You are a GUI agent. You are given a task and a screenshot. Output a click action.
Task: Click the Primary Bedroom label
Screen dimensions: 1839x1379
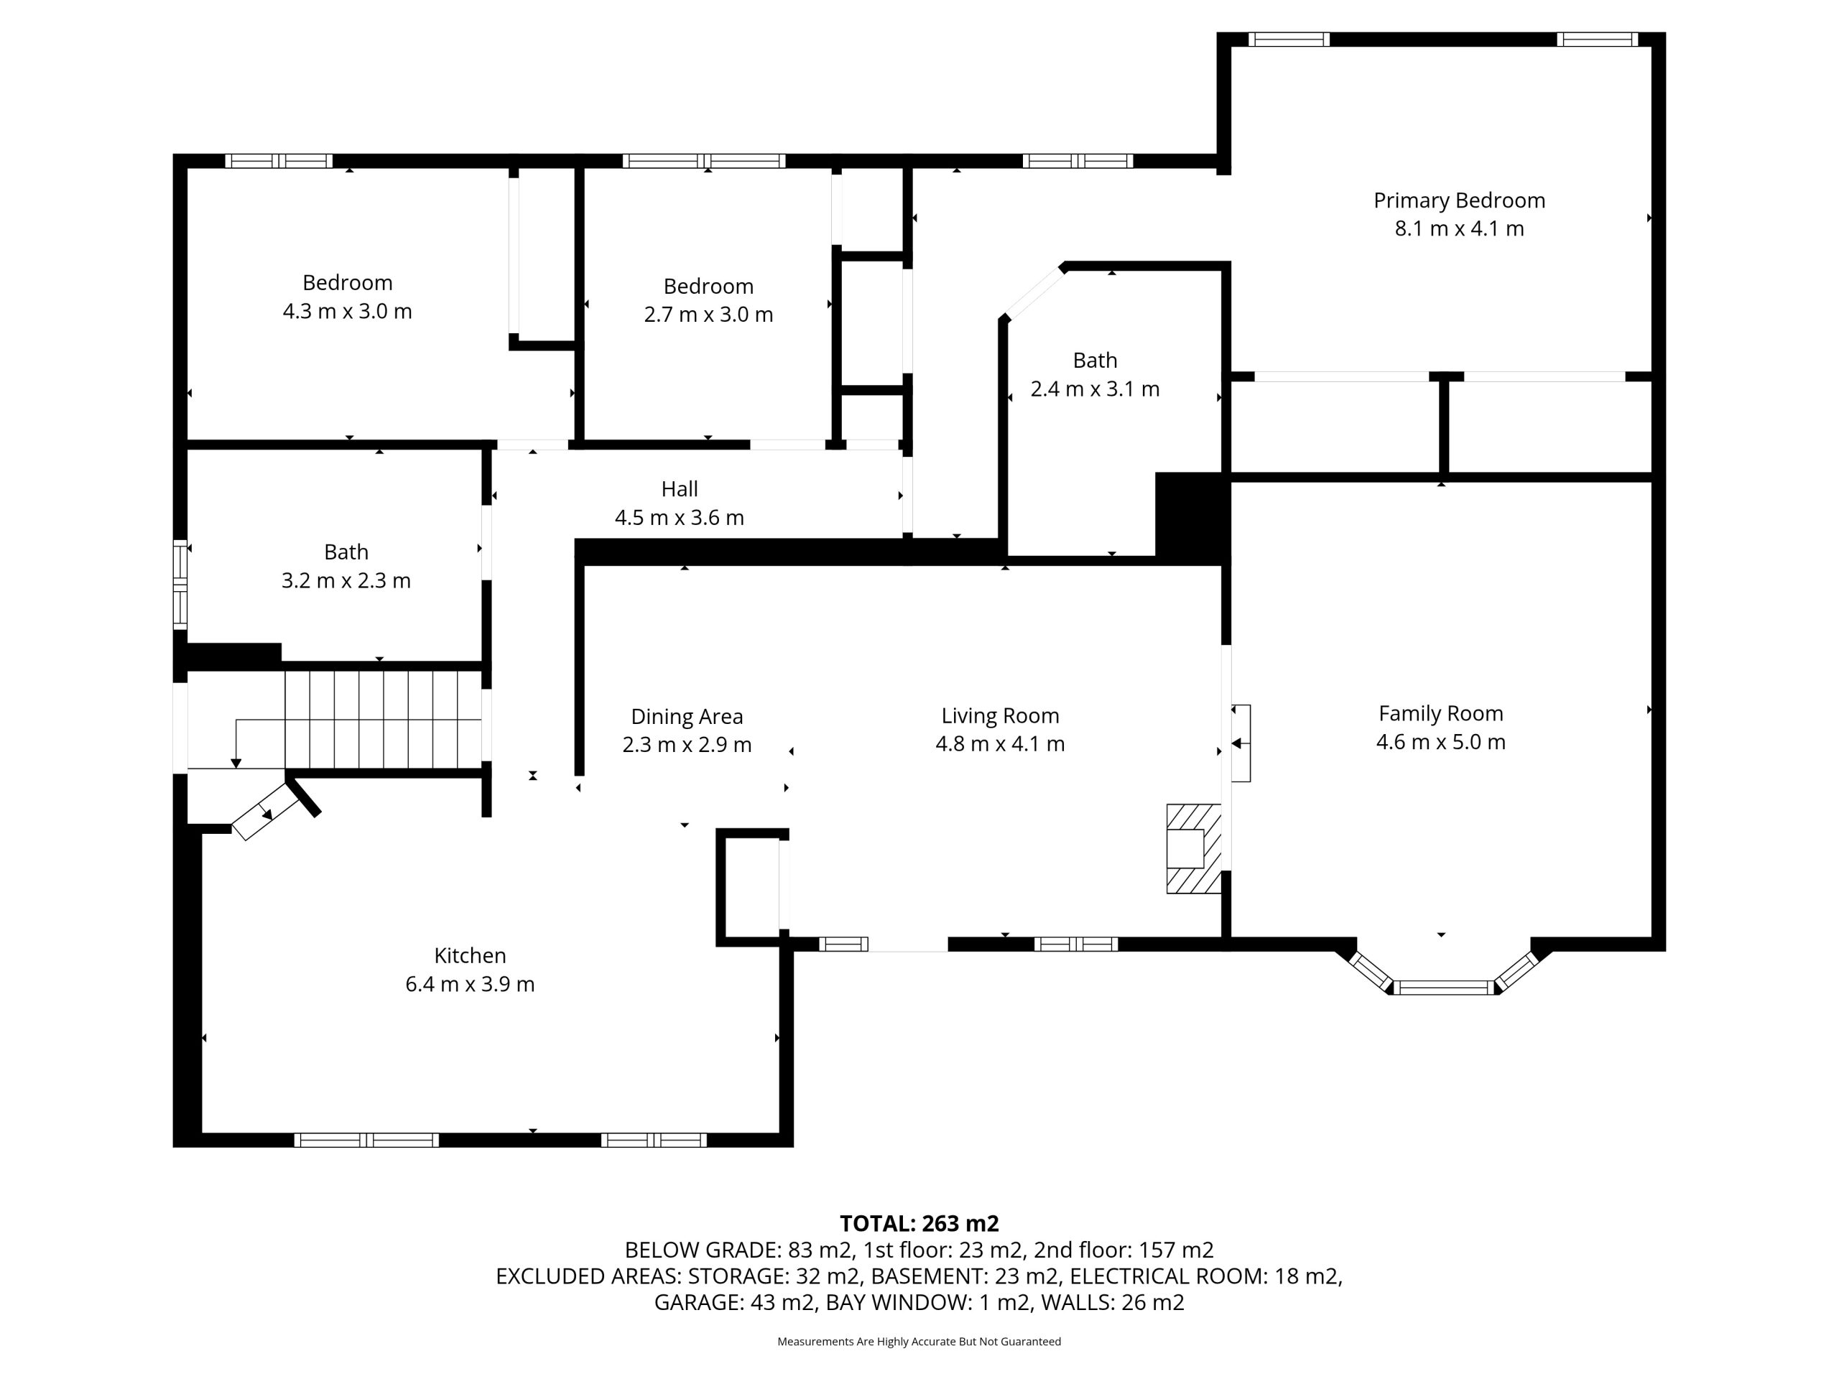(1459, 200)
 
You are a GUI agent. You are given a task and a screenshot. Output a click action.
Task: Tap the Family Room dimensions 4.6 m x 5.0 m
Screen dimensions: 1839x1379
(1441, 741)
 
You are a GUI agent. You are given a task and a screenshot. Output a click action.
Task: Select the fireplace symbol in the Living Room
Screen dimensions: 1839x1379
(1193, 849)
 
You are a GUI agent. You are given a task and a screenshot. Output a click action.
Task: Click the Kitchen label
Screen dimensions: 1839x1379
(470, 956)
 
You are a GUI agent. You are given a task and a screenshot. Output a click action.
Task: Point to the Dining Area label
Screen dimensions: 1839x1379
(687, 717)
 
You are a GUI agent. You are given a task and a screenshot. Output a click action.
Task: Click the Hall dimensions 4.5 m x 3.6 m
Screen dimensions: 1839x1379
(680, 518)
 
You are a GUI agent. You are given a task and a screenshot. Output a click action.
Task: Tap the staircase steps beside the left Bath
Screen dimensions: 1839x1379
(384, 720)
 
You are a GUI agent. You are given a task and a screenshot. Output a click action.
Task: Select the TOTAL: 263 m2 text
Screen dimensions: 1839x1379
(919, 1224)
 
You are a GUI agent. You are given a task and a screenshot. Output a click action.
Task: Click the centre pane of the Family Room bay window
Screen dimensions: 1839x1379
(1444, 988)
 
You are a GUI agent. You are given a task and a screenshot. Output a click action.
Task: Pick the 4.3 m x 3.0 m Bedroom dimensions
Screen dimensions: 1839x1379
(348, 312)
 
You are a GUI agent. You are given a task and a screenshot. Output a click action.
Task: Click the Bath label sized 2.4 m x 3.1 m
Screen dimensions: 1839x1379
(1095, 361)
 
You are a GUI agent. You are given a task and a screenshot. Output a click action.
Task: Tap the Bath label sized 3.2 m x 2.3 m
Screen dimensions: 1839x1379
(346, 552)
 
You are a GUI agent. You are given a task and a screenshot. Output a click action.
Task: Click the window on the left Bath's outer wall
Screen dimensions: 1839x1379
(180, 585)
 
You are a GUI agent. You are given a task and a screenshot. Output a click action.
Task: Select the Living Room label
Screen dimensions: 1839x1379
(1000, 715)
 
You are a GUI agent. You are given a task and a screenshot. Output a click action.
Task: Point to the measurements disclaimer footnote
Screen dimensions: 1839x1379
(919, 1342)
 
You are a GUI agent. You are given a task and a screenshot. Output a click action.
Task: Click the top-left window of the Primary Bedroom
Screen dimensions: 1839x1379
(1289, 39)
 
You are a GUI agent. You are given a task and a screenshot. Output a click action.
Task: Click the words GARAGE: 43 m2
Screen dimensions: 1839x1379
(734, 1303)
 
